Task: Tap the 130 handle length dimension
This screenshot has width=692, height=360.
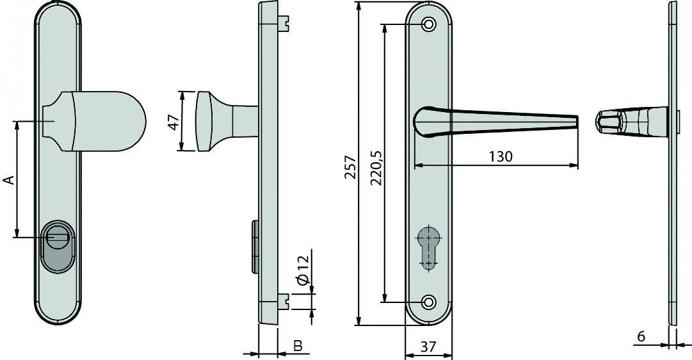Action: tap(500, 156)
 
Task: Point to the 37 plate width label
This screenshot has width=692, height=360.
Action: tap(428, 347)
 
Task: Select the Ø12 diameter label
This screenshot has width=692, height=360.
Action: tap(303, 270)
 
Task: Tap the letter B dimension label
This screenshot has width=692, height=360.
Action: tap(297, 346)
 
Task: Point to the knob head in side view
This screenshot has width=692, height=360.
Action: tap(204, 122)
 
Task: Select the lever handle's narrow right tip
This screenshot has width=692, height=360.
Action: tap(574, 122)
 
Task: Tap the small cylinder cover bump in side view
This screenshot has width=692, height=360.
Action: tap(255, 245)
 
